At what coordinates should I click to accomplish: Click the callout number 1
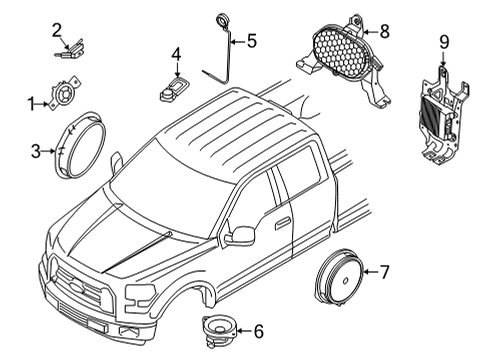pyautogui.click(x=31, y=101)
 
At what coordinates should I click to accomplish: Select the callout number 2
pyautogui.click(x=57, y=30)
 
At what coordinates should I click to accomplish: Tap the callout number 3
pyautogui.click(x=36, y=152)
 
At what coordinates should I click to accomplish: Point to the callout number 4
pyautogui.click(x=176, y=54)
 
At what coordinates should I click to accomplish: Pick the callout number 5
pyautogui.click(x=251, y=41)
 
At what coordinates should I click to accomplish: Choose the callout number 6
pyautogui.click(x=257, y=331)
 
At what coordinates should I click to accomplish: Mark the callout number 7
pyautogui.click(x=383, y=271)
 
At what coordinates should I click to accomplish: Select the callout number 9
pyautogui.click(x=443, y=42)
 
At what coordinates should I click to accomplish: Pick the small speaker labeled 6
pyautogui.click(x=214, y=327)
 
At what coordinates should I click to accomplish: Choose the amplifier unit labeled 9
pyautogui.click(x=439, y=110)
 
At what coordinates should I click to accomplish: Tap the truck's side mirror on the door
pyautogui.click(x=240, y=235)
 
